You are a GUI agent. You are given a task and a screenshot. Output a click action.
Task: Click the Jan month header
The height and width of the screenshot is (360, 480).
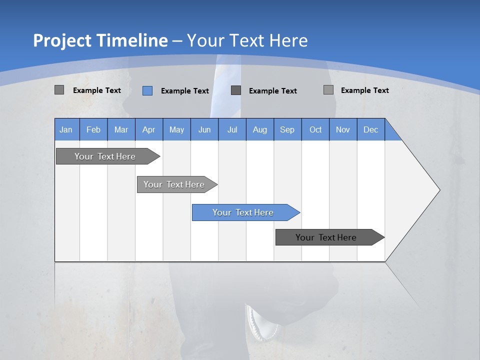(66, 129)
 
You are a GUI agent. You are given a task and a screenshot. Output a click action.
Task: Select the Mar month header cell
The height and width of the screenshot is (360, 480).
(121, 129)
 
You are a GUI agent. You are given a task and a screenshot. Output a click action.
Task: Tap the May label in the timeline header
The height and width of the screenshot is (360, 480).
(176, 129)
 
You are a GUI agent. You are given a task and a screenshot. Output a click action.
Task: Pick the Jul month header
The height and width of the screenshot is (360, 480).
(232, 129)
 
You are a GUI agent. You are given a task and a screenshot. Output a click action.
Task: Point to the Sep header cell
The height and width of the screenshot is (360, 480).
(287, 129)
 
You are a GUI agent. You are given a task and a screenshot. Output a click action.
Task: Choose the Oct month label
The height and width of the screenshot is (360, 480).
(315, 129)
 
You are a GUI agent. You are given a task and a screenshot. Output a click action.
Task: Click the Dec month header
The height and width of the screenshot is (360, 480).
(370, 129)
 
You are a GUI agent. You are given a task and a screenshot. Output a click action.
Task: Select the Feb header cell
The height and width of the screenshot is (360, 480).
(93, 129)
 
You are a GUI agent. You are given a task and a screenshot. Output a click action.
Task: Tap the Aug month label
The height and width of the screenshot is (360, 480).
(259, 129)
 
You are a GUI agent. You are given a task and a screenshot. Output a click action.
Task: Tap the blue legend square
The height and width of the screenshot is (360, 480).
(147, 90)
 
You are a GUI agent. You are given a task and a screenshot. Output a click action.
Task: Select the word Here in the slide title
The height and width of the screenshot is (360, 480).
(288, 40)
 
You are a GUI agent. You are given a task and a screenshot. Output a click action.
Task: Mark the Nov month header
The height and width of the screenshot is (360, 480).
(343, 129)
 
